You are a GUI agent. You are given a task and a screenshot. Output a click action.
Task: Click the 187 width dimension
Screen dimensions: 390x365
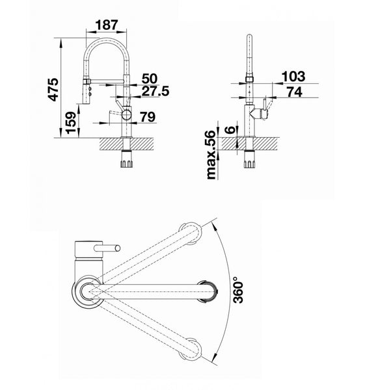tap(106, 25)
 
